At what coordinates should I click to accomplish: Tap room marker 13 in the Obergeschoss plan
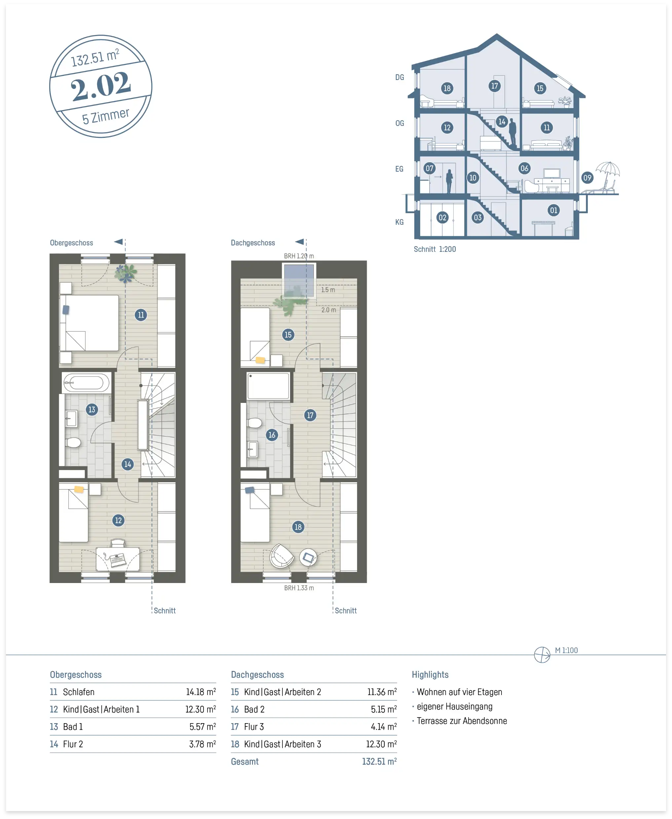click(92, 409)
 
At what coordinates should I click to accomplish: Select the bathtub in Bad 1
click(86, 383)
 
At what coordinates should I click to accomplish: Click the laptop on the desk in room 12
click(117, 560)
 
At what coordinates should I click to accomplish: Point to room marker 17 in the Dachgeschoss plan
click(310, 415)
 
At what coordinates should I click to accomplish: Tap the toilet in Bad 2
click(255, 423)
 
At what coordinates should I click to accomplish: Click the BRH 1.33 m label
click(299, 588)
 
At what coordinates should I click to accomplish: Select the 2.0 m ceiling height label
click(329, 310)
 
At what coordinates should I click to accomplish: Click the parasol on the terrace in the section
click(608, 171)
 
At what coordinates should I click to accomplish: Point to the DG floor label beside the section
click(399, 77)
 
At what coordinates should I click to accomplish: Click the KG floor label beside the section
click(399, 222)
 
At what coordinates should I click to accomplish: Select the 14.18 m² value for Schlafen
click(201, 692)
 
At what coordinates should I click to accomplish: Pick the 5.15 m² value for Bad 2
click(384, 709)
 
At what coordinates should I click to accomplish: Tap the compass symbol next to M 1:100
click(542, 655)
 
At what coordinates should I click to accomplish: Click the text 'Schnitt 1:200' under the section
click(435, 249)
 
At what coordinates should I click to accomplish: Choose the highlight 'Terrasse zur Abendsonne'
click(462, 721)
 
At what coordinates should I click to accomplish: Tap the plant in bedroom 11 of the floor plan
click(126, 273)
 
